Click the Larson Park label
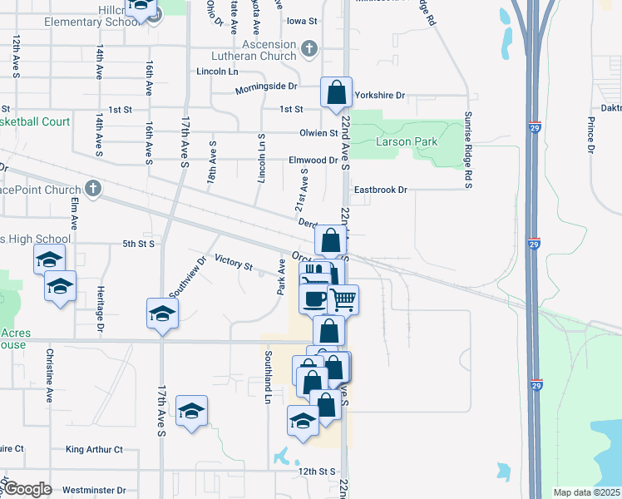pyautogui.click(x=407, y=142)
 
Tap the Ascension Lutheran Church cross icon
pyautogui.click(x=309, y=47)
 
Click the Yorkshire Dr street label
pyautogui.click(x=379, y=96)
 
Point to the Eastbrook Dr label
pyautogui.click(x=380, y=190)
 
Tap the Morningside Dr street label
pyautogui.click(x=266, y=87)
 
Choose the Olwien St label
pyautogui.click(x=319, y=133)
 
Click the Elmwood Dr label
pyautogui.click(x=313, y=160)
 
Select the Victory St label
pyautogui.click(x=233, y=264)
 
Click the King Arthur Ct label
pyautogui.click(x=94, y=450)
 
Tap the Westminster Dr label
pyautogui.click(x=94, y=491)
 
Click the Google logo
pyautogui.click(x=27, y=489)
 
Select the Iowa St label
pyautogui.click(x=302, y=20)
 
